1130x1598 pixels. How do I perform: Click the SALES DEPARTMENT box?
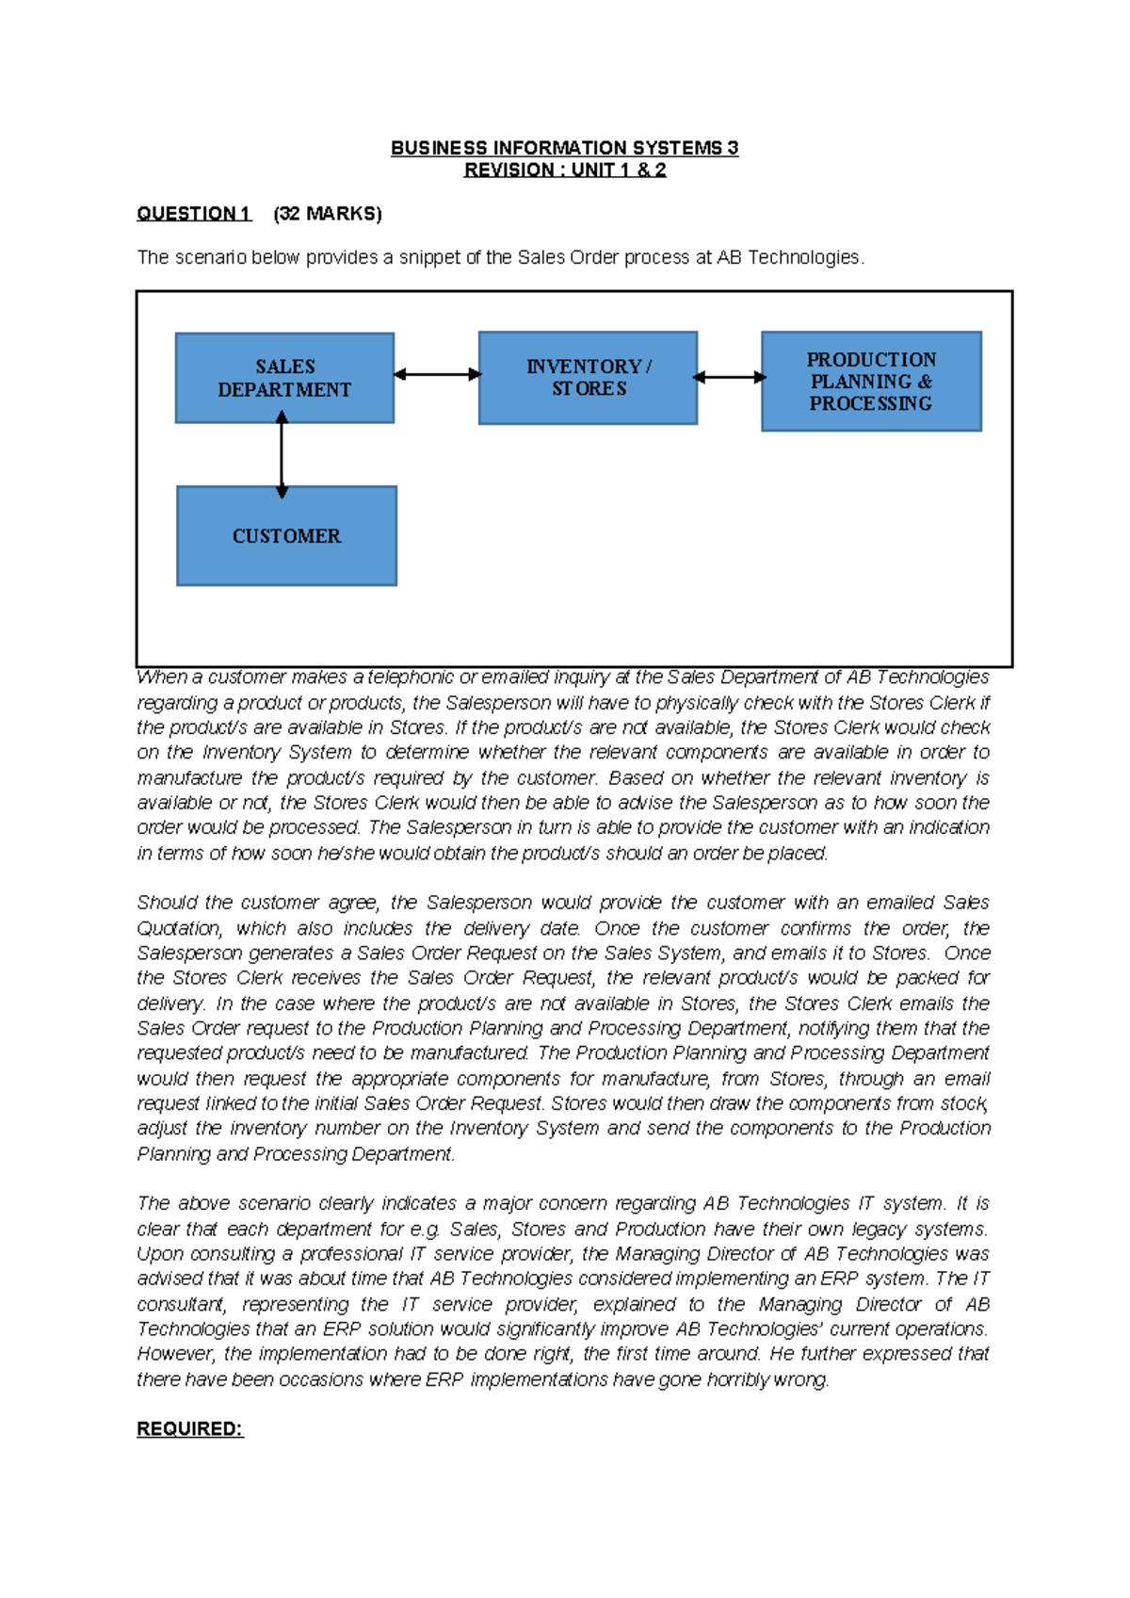pos(284,378)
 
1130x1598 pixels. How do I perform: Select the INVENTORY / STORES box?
pos(588,378)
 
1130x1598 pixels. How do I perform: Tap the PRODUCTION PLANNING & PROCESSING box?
pos(871,382)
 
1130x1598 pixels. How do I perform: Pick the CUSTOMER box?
pos(286,536)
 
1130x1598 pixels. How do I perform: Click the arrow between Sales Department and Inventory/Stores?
pos(437,374)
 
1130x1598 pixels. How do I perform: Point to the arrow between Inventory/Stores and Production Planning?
pos(730,377)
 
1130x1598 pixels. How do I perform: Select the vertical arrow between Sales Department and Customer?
pos(282,455)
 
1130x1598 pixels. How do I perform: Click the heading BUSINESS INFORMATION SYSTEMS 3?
pos(564,148)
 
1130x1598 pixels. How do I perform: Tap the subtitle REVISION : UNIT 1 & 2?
pos(564,171)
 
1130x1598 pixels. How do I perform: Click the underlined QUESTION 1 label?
pos(193,214)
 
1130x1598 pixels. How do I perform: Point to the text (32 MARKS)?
pos(327,214)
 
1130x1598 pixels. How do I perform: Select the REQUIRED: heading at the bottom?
pos(189,1429)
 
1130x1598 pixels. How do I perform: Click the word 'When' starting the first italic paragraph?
pos(161,677)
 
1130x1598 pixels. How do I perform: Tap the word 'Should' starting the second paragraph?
pos(168,903)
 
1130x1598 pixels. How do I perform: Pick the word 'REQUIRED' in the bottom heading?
pos(186,1429)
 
